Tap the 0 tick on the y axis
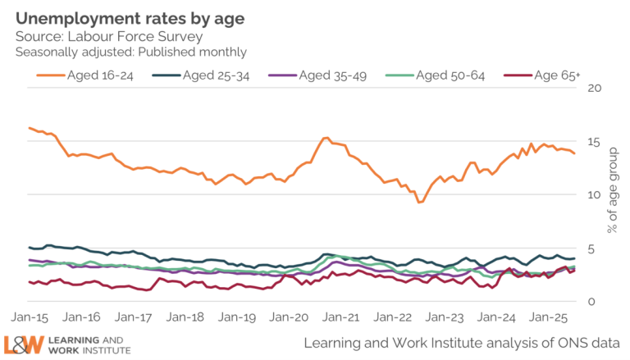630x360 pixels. (x=593, y=302)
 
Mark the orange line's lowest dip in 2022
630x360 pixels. (x=420, y=202)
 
